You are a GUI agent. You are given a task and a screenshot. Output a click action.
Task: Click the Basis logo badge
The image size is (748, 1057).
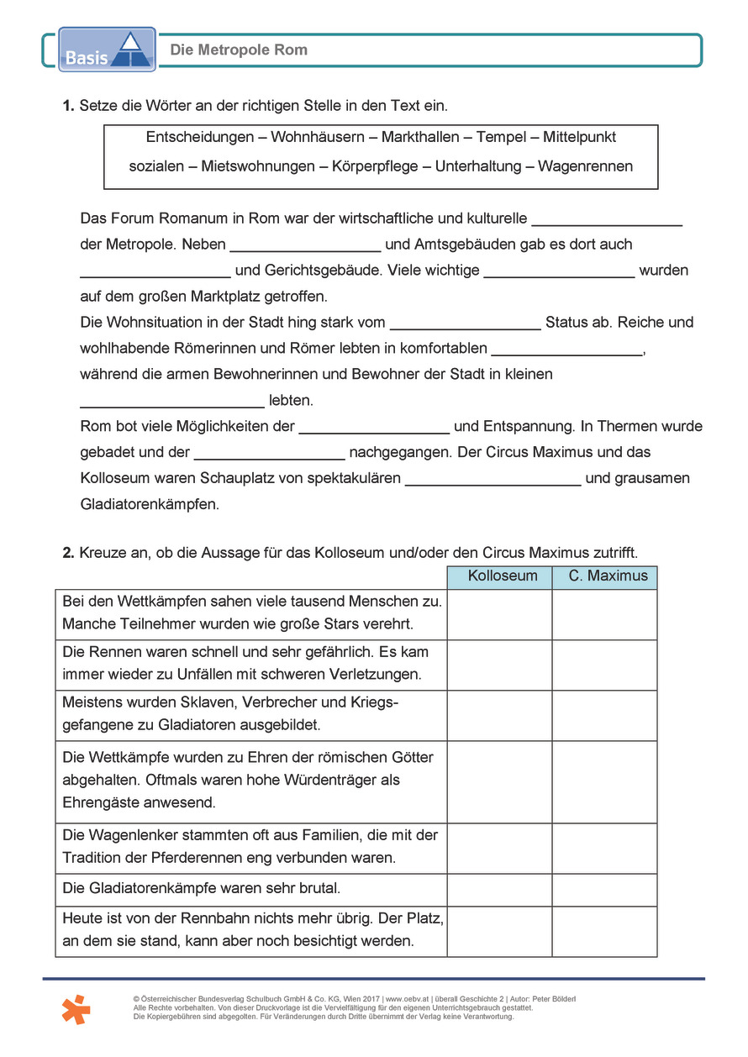(107, 49)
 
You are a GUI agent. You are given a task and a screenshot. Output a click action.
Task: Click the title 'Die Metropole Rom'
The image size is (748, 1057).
(239, 50)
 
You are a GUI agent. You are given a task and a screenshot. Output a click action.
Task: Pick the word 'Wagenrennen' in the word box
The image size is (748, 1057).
(585, 166)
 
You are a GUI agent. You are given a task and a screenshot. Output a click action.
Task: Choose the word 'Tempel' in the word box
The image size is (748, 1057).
(501, 137)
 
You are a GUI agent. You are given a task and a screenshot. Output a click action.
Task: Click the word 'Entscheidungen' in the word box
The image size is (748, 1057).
(200, 137)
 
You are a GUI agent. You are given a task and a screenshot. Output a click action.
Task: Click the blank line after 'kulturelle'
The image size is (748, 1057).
(607, 220)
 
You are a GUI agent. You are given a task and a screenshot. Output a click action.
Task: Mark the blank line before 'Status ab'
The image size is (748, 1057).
(466, 323)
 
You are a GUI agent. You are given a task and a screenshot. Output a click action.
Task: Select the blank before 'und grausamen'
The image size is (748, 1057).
(493, 479)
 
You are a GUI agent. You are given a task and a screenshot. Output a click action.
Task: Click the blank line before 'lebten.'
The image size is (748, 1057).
(172, 402)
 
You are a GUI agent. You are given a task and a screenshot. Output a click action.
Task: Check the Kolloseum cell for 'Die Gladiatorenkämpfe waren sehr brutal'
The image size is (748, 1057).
(499, 889)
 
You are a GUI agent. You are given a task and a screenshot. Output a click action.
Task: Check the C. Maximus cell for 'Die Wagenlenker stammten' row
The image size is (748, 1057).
(604, 848)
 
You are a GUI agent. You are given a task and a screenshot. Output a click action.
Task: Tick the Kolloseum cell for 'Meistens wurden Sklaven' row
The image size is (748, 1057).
(499, 714)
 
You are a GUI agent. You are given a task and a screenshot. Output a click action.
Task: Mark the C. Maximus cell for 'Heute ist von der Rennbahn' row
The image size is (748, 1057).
(604, 931)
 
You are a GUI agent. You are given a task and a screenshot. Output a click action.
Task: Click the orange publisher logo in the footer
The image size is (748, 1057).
(76, 1008)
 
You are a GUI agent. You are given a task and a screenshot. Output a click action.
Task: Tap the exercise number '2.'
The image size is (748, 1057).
(69, 553)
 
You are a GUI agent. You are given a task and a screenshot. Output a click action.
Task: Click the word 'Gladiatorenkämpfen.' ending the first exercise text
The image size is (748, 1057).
(150, 505)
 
